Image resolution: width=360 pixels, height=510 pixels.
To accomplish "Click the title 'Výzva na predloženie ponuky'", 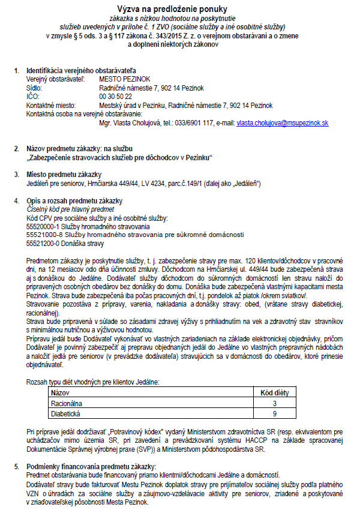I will pyautogui.click(x=179, y=9).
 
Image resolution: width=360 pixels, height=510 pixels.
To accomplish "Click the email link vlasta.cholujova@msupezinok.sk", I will pyautogui.click(x=283, y=122).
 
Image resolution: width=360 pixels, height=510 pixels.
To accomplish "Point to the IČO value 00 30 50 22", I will pyautogui.click(x=116, y=96).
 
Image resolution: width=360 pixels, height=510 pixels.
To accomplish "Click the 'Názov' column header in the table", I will pyautogui.click(x=62, y=393).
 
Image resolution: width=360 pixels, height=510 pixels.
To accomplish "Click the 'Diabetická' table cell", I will pyautogui.click(x=67, y=414).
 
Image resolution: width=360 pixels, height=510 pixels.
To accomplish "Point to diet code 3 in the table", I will pyautogui.click(x=274, y=404).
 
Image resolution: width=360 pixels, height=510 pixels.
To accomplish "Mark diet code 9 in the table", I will pyautogui.click(x=274, y=414).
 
